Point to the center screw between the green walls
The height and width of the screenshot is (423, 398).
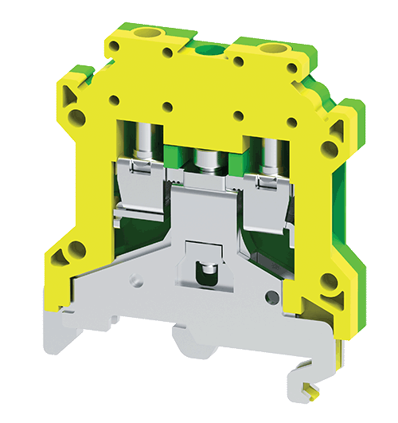point(209,160)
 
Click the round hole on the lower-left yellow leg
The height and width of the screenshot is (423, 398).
point(77,249)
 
